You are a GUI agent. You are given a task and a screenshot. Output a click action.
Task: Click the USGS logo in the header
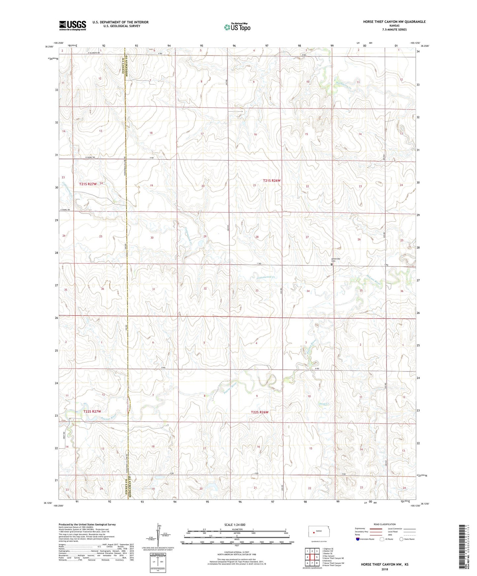coord(73,25)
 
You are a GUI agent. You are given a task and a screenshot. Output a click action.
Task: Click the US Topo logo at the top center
coord(237,27)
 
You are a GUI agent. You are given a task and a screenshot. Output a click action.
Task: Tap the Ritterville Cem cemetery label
coord(336,260)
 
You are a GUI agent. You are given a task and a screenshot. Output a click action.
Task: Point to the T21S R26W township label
coord(271,180)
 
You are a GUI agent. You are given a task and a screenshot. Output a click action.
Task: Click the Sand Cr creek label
coord(324,404)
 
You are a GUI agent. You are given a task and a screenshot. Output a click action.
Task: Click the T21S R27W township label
coord(88,184)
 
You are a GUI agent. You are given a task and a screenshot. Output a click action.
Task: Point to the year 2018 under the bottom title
coord(385,569)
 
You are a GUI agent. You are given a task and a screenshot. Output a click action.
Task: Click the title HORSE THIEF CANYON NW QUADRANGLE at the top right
coord(394,22)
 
